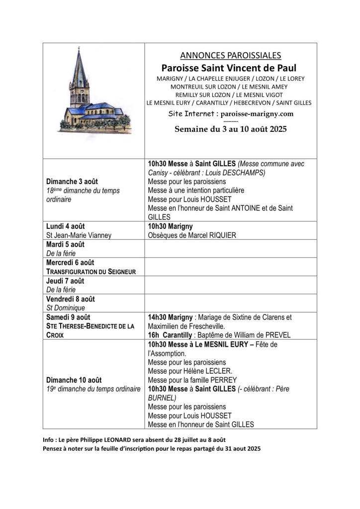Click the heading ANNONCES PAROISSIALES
point(230,56)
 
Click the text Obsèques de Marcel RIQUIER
point(191,235)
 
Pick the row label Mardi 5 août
point(65,244)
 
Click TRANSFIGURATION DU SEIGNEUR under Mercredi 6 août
point(91,272)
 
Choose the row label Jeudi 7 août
point(65,281)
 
